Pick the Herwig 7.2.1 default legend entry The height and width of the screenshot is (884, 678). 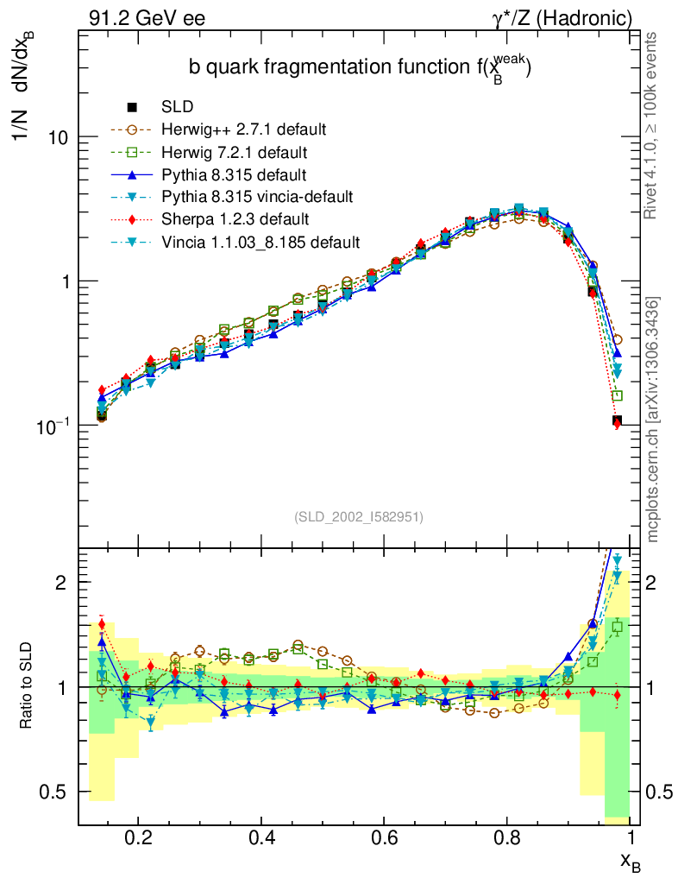pos(235,152)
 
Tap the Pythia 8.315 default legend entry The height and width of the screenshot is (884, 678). pos(234,174)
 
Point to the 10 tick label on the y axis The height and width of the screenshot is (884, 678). pos(56,138)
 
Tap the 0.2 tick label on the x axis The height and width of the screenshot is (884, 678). pos(138,838)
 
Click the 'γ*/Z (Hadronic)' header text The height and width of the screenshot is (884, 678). pos(562,17)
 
